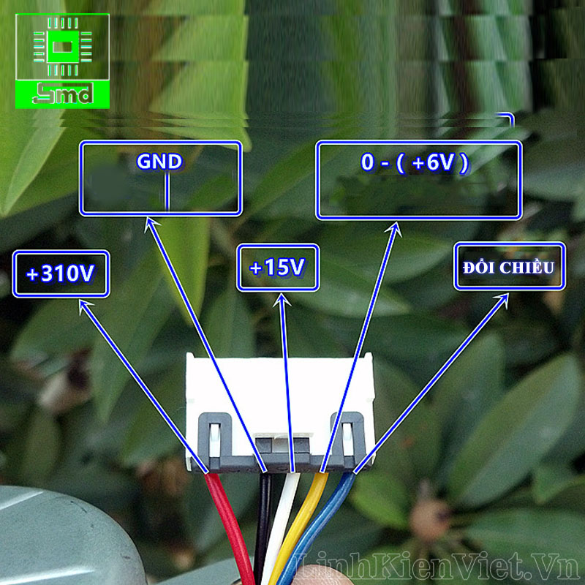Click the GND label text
[159, 162]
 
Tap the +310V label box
[61, 274]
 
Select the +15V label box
[278, 268]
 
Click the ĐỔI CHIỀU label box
[509, 267]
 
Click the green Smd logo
[62, 60]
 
